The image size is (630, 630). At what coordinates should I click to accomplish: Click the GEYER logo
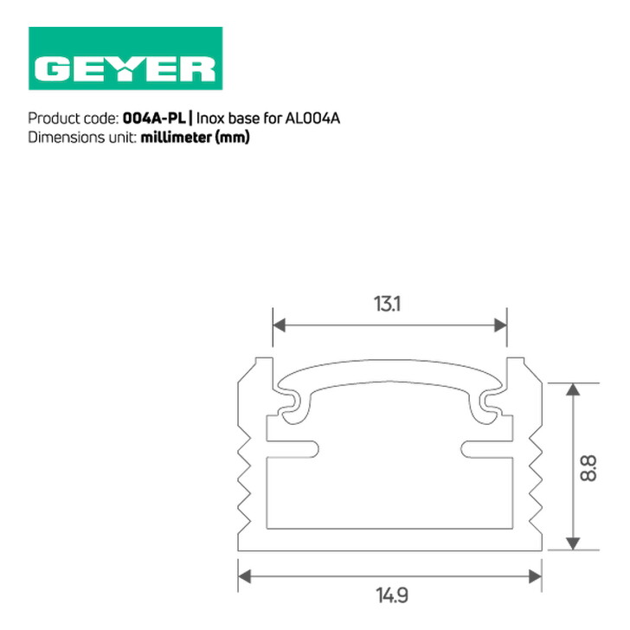pyautogui.click(x=125, y=58)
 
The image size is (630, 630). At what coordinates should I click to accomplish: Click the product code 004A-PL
pyautogui.click(x=154, y=119)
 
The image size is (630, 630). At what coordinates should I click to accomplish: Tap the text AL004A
pyautogui.click(x=312, y=119)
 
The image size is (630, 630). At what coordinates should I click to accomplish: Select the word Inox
pyautogui.click(x=210, y=119)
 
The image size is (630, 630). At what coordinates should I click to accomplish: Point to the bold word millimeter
pyautogui.click(x=176, y=138)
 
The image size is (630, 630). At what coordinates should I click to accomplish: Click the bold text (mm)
pyautogui.click(x=233, y=138)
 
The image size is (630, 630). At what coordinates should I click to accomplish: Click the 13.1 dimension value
pyautogui.click(x=387, y=304)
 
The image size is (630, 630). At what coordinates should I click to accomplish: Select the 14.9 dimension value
pyautogui.click(x=392, y=595)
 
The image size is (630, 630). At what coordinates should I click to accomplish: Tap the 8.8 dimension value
pyautogui.click(x=588, y=468)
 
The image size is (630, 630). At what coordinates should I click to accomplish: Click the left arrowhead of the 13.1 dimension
pyautogui.click(x=279, y=325)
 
